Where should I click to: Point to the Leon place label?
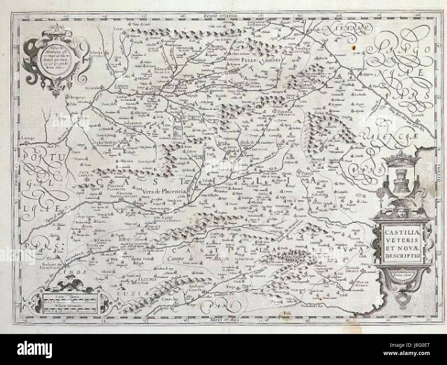coord(118,30)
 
